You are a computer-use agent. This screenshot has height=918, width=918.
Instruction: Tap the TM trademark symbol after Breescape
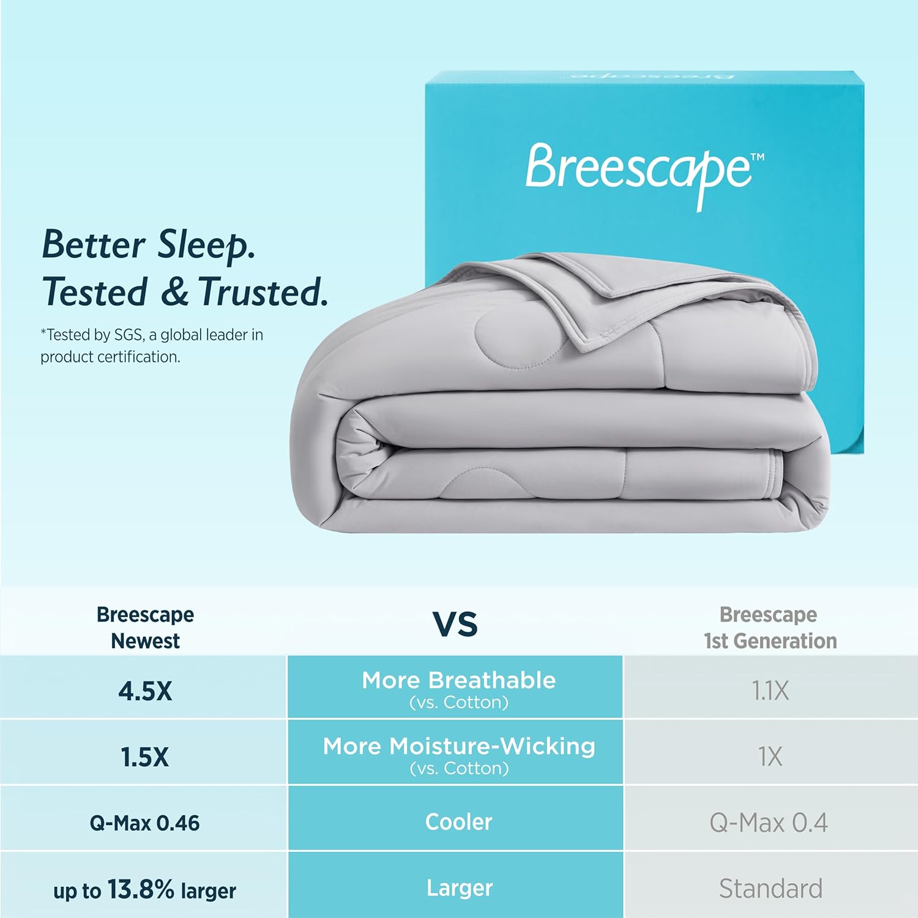point(757,157)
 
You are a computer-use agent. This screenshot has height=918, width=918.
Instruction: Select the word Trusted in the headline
point(262,293)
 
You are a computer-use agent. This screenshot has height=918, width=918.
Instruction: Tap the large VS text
point(455,624)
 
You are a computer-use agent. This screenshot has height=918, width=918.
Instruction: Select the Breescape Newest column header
point(145,627)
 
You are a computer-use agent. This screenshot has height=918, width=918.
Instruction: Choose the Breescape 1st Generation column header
point(769,627)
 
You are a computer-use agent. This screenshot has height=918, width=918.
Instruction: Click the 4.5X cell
point(145,691)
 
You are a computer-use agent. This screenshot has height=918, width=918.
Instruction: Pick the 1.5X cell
point(144,757)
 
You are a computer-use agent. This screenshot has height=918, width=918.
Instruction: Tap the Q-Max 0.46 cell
point(144,823)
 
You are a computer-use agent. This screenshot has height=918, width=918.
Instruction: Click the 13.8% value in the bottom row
point(141,889)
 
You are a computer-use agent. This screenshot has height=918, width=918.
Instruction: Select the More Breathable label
point(458,681)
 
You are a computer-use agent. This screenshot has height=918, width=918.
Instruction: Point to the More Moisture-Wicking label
point(458,747)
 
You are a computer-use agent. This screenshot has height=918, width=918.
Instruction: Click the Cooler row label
point(458,822)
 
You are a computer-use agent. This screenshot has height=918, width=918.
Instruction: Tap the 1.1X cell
point(770,691)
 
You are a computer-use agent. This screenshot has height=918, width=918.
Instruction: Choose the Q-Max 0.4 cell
point(769,823)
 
